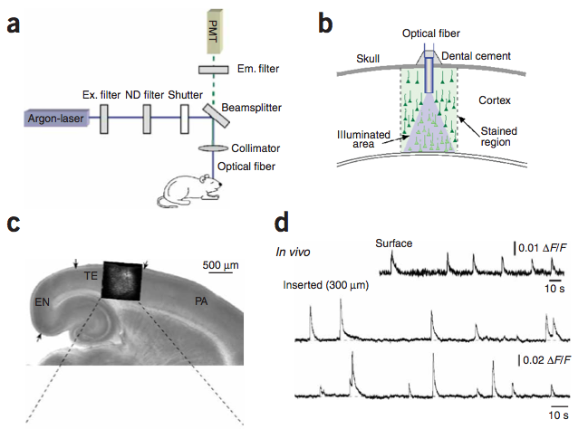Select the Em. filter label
pyautogui.click(x=248, y=69)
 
